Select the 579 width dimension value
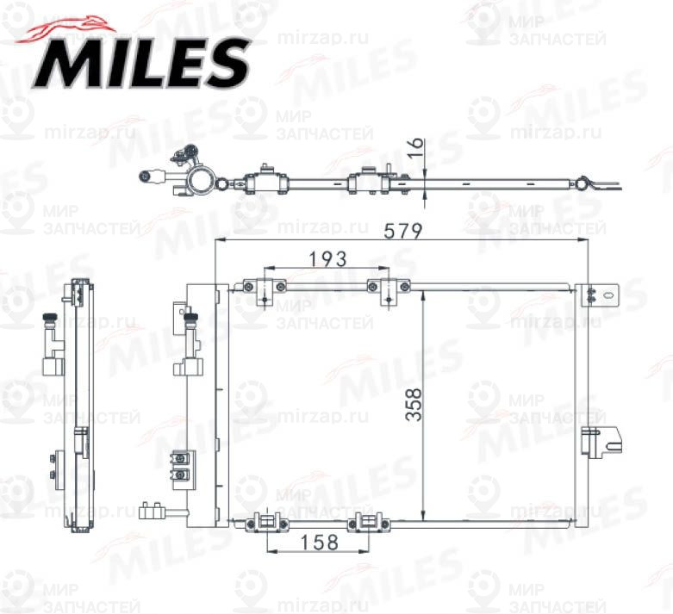click(402, 231)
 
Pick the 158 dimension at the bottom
click(319, 543)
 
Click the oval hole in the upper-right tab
click(608, 294)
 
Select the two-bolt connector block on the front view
click(182, 467)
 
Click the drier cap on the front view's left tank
click(189, 323)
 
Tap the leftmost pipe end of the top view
click(144, 177)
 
